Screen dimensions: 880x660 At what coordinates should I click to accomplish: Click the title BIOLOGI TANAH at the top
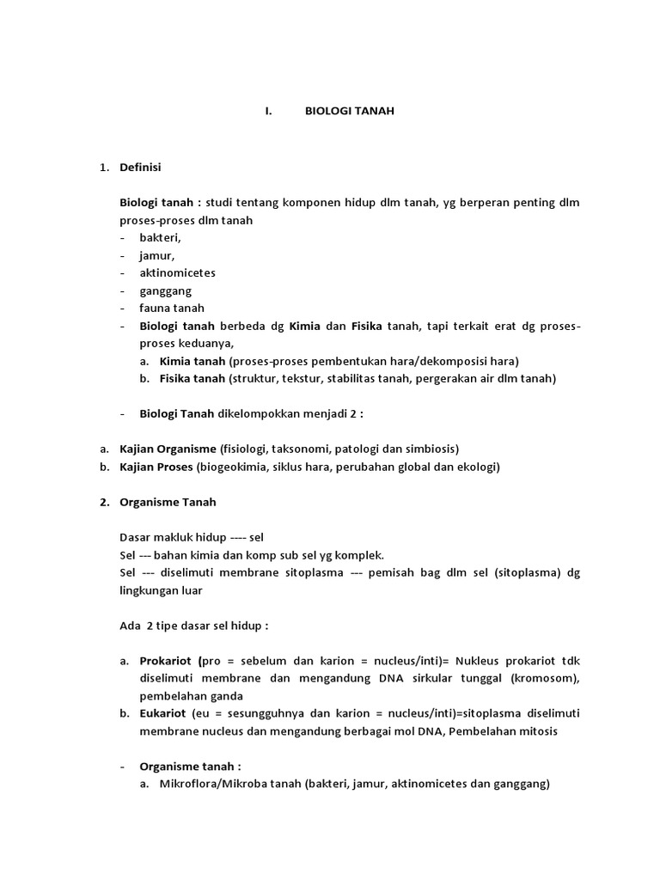(350, 112)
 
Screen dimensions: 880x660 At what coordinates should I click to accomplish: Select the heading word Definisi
(140, 167)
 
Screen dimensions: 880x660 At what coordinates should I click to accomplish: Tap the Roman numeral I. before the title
(268, 112)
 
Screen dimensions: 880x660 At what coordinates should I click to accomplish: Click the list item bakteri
(160, 238)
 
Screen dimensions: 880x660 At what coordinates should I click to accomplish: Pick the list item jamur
(156, 255)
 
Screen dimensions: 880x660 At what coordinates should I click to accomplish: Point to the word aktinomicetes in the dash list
(177, 272)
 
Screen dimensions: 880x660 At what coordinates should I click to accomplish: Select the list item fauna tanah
(172, 308)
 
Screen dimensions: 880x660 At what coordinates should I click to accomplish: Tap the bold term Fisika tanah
(192, 378)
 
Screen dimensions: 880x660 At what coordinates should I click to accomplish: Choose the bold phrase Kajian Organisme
(168, 449)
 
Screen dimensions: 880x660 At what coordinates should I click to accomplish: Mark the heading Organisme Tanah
(168, 502)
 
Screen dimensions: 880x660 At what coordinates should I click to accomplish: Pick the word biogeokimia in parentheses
(229, 467)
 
